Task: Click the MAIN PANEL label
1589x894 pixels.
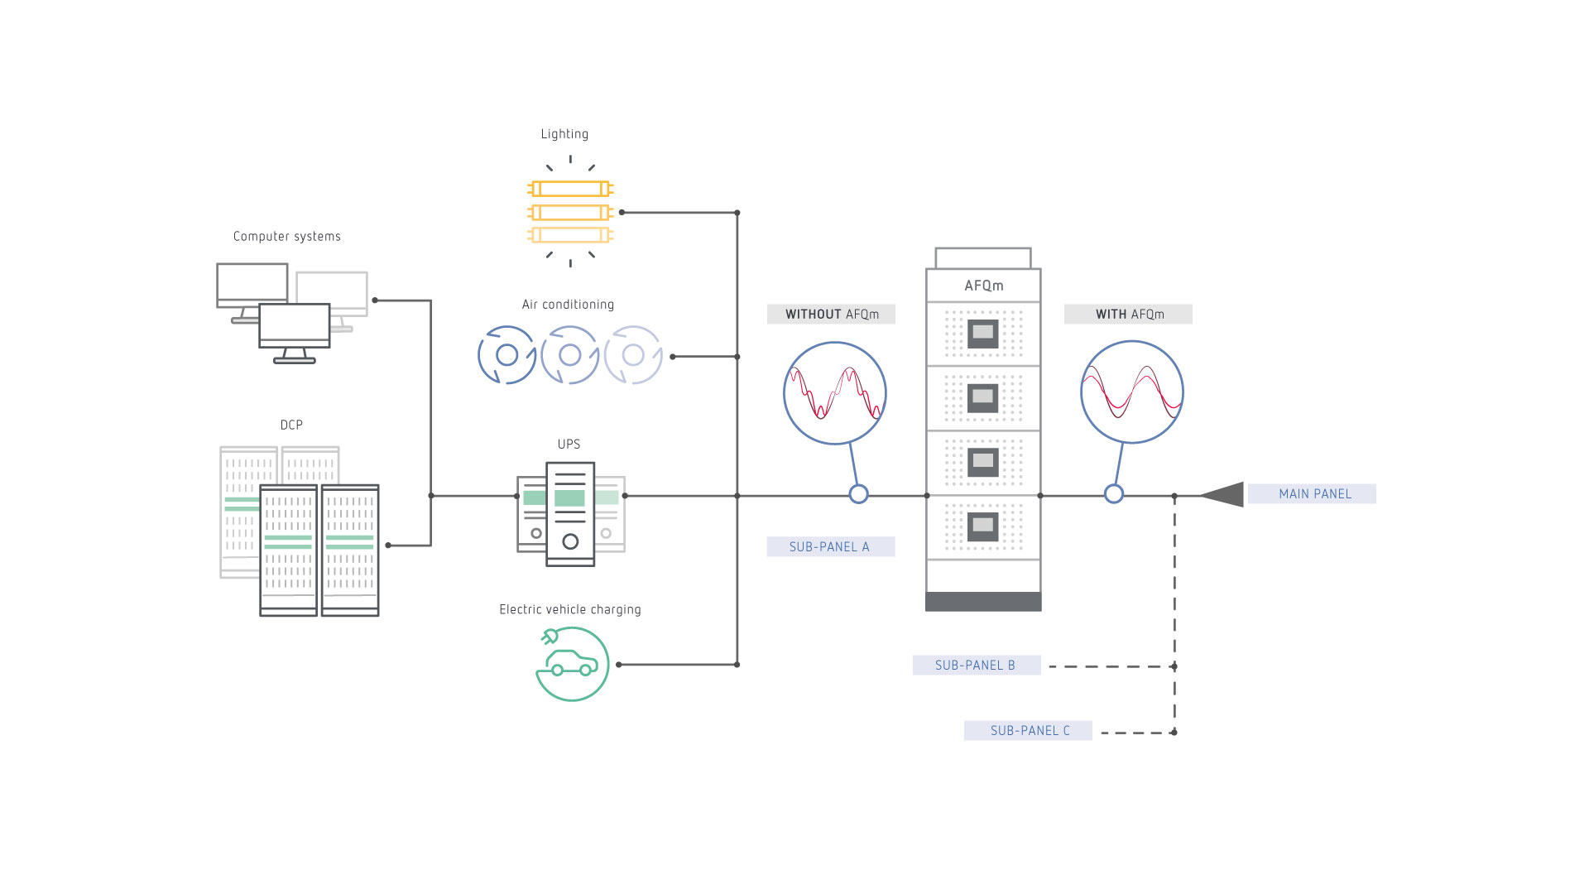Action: coord(1313,494)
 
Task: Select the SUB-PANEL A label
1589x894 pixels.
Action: coord(829,546)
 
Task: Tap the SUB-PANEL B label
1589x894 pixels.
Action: coord(975,666)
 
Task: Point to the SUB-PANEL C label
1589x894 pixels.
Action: coord(1029,731)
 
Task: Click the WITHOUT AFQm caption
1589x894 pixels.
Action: coord(831,315)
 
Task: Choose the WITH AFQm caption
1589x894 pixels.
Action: coord(1129,315)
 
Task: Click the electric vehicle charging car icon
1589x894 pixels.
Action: coord(572,664)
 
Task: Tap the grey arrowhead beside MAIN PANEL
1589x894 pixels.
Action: coord(1225,494)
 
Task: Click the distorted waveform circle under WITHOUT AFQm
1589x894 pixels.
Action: coord(834,392)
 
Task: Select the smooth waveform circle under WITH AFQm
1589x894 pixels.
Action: coord(1131,392)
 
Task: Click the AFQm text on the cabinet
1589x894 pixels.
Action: coord(983,286)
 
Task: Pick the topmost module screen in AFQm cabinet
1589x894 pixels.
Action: coord(982,333)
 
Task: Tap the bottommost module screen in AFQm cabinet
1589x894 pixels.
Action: coord(982,525)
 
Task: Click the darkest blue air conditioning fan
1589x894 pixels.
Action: coord(506,355)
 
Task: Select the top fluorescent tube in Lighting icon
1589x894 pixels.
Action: coord(570,189)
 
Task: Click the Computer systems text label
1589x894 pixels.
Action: coord(286,237)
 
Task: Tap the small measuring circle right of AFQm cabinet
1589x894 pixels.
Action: coord(1114,494)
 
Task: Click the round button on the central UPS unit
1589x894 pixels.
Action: coord(570,542)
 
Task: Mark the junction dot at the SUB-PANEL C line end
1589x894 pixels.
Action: coord(1174,733)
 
